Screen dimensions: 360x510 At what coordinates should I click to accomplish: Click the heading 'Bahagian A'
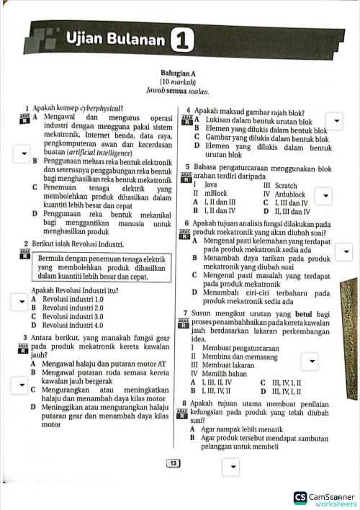click(181, 73)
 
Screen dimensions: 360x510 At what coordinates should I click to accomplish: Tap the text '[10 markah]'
click(181, 83)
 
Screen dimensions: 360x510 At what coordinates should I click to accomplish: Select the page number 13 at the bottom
click(173, 463)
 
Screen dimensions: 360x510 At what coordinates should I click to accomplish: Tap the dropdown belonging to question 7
click(312, 361)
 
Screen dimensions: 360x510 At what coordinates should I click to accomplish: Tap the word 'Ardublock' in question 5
click(290, 194)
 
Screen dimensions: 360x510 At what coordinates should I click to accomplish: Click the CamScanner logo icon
click(300, 497)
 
